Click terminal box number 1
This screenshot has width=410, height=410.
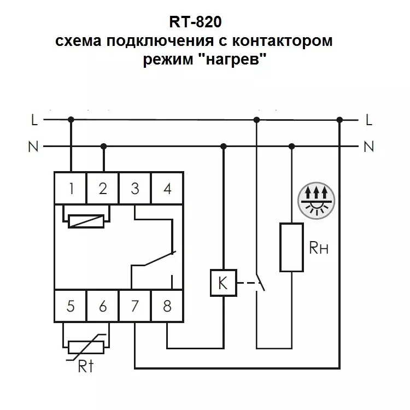[x=70, y=188]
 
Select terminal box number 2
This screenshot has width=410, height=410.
[x=103, y=188]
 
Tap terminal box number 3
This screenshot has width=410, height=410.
[x=134, y=188]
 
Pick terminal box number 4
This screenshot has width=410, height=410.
[x=167, y=188]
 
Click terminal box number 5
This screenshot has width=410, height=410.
[x=70, y=306]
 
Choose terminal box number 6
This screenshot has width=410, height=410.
[x=103, y=306]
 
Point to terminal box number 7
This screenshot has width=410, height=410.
[x=134, y=306]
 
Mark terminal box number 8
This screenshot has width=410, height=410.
[x=167, y=306]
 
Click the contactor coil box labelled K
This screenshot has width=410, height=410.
[x=224, y=283]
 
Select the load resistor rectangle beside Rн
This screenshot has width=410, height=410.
[x=291, y=247]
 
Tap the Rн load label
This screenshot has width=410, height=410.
[x=319, y=248]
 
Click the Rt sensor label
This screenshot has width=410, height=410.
[x=86, y=366]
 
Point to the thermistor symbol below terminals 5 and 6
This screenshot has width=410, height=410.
[x=86, y=347]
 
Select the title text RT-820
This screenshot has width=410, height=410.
[x=195, y=22]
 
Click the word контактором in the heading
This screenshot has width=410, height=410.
[x=283, y=41]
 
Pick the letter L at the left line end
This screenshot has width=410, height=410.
[x=34, y=120]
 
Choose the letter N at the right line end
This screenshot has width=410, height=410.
[x=368, y=147]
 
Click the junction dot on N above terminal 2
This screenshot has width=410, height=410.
[x=103, y=146]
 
